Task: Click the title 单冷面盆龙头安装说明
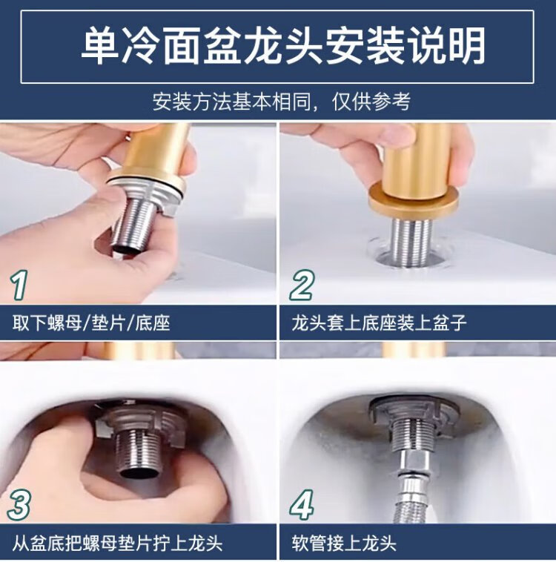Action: pyautogui.click(x=283, y=46)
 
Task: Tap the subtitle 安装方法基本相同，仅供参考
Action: pyautogui.click(x=282, y=102)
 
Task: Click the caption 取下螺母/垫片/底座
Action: pyautogui.click(x=91, y=323)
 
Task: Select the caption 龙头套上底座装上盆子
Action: pyautogui.click(x=379, y=323)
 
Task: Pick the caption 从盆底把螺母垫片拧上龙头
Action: pyautogui.click(x=118, y=543)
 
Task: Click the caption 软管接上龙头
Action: pyautogui.click(x=344, y=543)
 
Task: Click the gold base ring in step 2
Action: pyautogui.click(x=414, y=201)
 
